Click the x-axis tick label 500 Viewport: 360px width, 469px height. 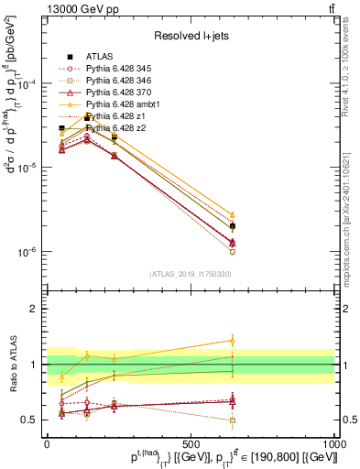tap(191, 442)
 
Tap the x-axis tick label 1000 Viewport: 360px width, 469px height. tap(334, 442)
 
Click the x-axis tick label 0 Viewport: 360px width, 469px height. tap(47, 442)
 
